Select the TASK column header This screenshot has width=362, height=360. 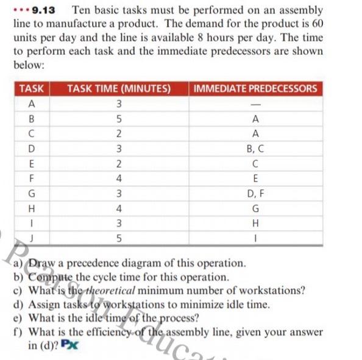pos(32,88)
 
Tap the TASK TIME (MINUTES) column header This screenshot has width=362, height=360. pos(118,88)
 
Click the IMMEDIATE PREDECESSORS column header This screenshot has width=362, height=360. pos(255,88)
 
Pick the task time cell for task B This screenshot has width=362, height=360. pos(120,118)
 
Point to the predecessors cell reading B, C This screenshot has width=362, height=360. pos(255,148)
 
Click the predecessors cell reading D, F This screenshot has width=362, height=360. pos(255,194)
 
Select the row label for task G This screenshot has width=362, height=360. pos(31,194)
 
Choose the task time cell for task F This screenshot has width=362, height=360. pos(120,178)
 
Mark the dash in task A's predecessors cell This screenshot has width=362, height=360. pos(255,104)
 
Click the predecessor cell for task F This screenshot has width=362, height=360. pos(255,178)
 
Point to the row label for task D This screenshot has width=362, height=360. pos(31,148)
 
